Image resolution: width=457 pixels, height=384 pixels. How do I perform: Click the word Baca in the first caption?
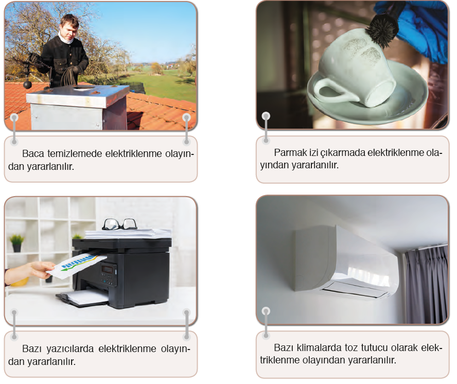(33, 153)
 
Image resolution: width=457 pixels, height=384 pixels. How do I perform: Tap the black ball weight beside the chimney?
(27, 84)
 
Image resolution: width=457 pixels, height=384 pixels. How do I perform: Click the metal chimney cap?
(78, 95)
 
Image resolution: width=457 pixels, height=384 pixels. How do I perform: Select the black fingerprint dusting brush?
(381, 31)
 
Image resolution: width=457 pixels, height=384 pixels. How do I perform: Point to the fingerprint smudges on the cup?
(364, 50)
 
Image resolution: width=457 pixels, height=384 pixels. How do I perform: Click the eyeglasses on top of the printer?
(119, 224)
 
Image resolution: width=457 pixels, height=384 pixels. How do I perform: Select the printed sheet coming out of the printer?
(77, 265)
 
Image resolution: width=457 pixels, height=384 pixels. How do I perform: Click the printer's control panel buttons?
(109, 274)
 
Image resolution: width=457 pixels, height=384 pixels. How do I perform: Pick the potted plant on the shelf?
(16, 243)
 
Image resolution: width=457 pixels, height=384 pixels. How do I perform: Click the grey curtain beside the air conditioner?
(427, 284)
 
